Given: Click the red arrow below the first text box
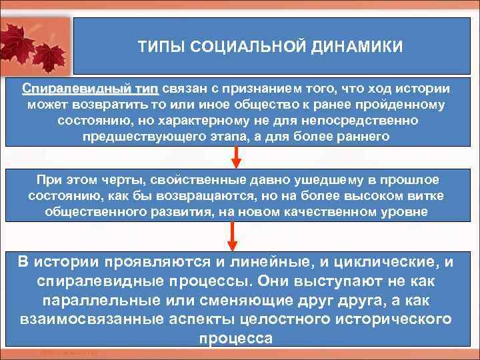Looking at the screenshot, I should click(x=235, y=157).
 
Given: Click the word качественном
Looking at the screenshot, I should click(x=331, y=212).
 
